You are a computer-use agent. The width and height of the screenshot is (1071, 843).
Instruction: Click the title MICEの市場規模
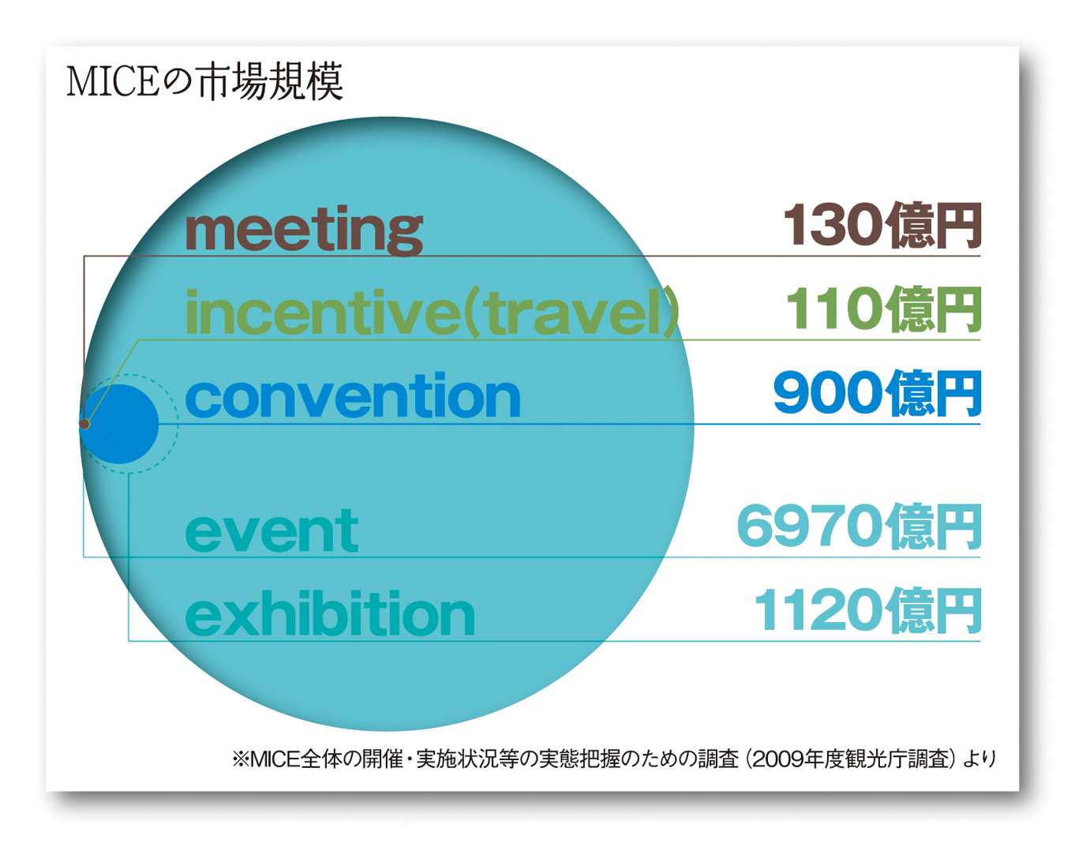coord(204,81)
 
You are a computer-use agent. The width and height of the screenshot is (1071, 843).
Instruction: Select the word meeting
coord(304,230)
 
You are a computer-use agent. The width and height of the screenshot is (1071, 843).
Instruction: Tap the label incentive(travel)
coord(432,312)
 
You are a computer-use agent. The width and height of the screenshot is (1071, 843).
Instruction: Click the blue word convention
coord(353,395)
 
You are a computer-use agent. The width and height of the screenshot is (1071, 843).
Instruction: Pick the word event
coord(271,530)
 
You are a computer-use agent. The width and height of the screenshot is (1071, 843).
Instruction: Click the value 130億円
coord(882,225)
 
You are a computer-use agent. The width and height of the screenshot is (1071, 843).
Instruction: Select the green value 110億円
coord(883,309)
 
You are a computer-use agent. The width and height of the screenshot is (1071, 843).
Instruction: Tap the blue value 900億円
coord(878,393)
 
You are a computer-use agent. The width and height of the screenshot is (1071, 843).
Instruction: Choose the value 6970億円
coord(859,526)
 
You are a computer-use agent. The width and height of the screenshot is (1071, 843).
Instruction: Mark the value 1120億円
coord(868,610)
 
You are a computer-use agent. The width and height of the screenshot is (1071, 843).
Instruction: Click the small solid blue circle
coord(119,424)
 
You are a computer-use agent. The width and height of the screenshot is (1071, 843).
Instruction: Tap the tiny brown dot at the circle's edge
coord(84,424)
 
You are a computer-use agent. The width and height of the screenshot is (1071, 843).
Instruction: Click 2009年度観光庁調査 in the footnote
coord(851,759)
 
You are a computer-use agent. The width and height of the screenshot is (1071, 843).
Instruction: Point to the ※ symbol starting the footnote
coord(241,760)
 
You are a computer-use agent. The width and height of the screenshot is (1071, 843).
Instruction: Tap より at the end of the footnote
coord(979,760)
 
